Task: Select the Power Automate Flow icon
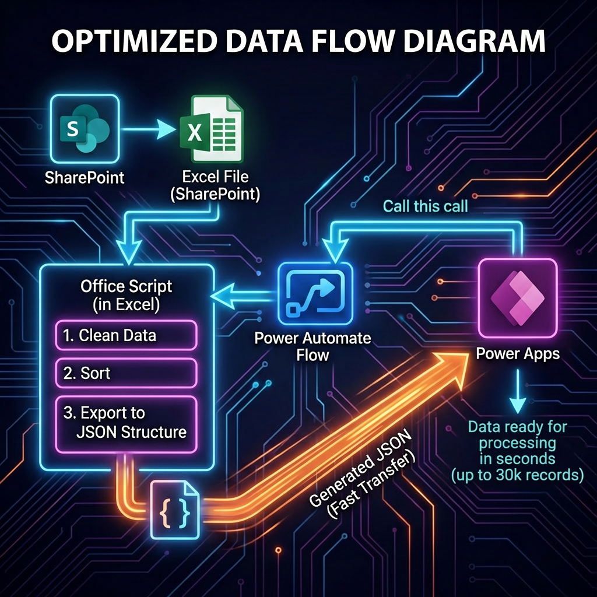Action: (315, 292)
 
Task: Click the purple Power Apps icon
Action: (517, 298)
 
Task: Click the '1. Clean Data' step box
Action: (126, 335)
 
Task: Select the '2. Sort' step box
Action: (126, 373)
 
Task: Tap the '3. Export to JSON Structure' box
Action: (126, 423)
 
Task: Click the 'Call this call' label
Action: (425, 206)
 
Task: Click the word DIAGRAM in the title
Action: (477, 42)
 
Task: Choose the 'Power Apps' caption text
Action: (518, 354)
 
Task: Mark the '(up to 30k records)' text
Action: (518, 475)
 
